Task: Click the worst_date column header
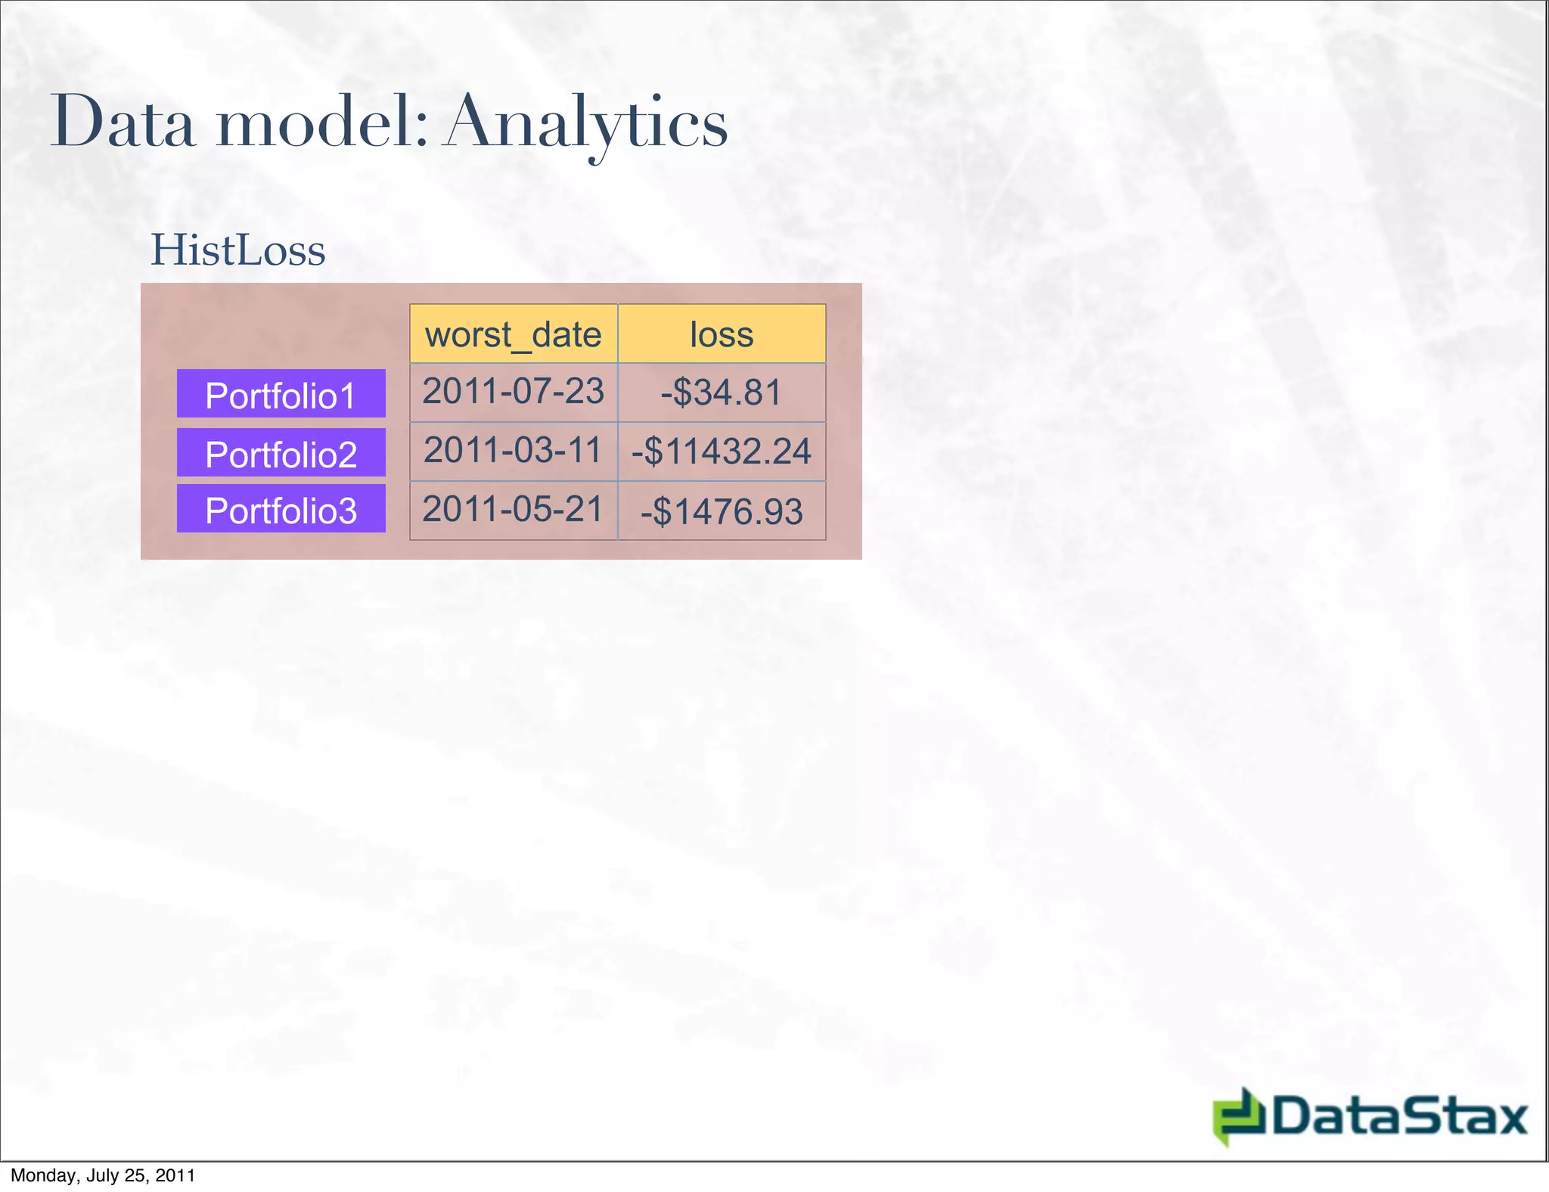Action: coord(514,334)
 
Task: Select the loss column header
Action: coord(722,334)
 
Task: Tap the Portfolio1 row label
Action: coord(281,395)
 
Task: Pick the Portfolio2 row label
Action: coord(281,454)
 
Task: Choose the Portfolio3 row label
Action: coord(281,511)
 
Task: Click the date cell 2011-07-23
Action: coord(514,392)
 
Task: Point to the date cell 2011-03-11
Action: coord(514,451)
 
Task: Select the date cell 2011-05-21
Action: coord(514,510)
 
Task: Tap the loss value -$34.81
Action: coord(722,393)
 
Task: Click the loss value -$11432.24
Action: coord(722,452)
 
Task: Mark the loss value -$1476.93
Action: coord(722,511)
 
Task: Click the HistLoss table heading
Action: coord(238,250)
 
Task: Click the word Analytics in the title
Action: coord(586,123)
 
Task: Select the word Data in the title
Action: coord(123,123)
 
